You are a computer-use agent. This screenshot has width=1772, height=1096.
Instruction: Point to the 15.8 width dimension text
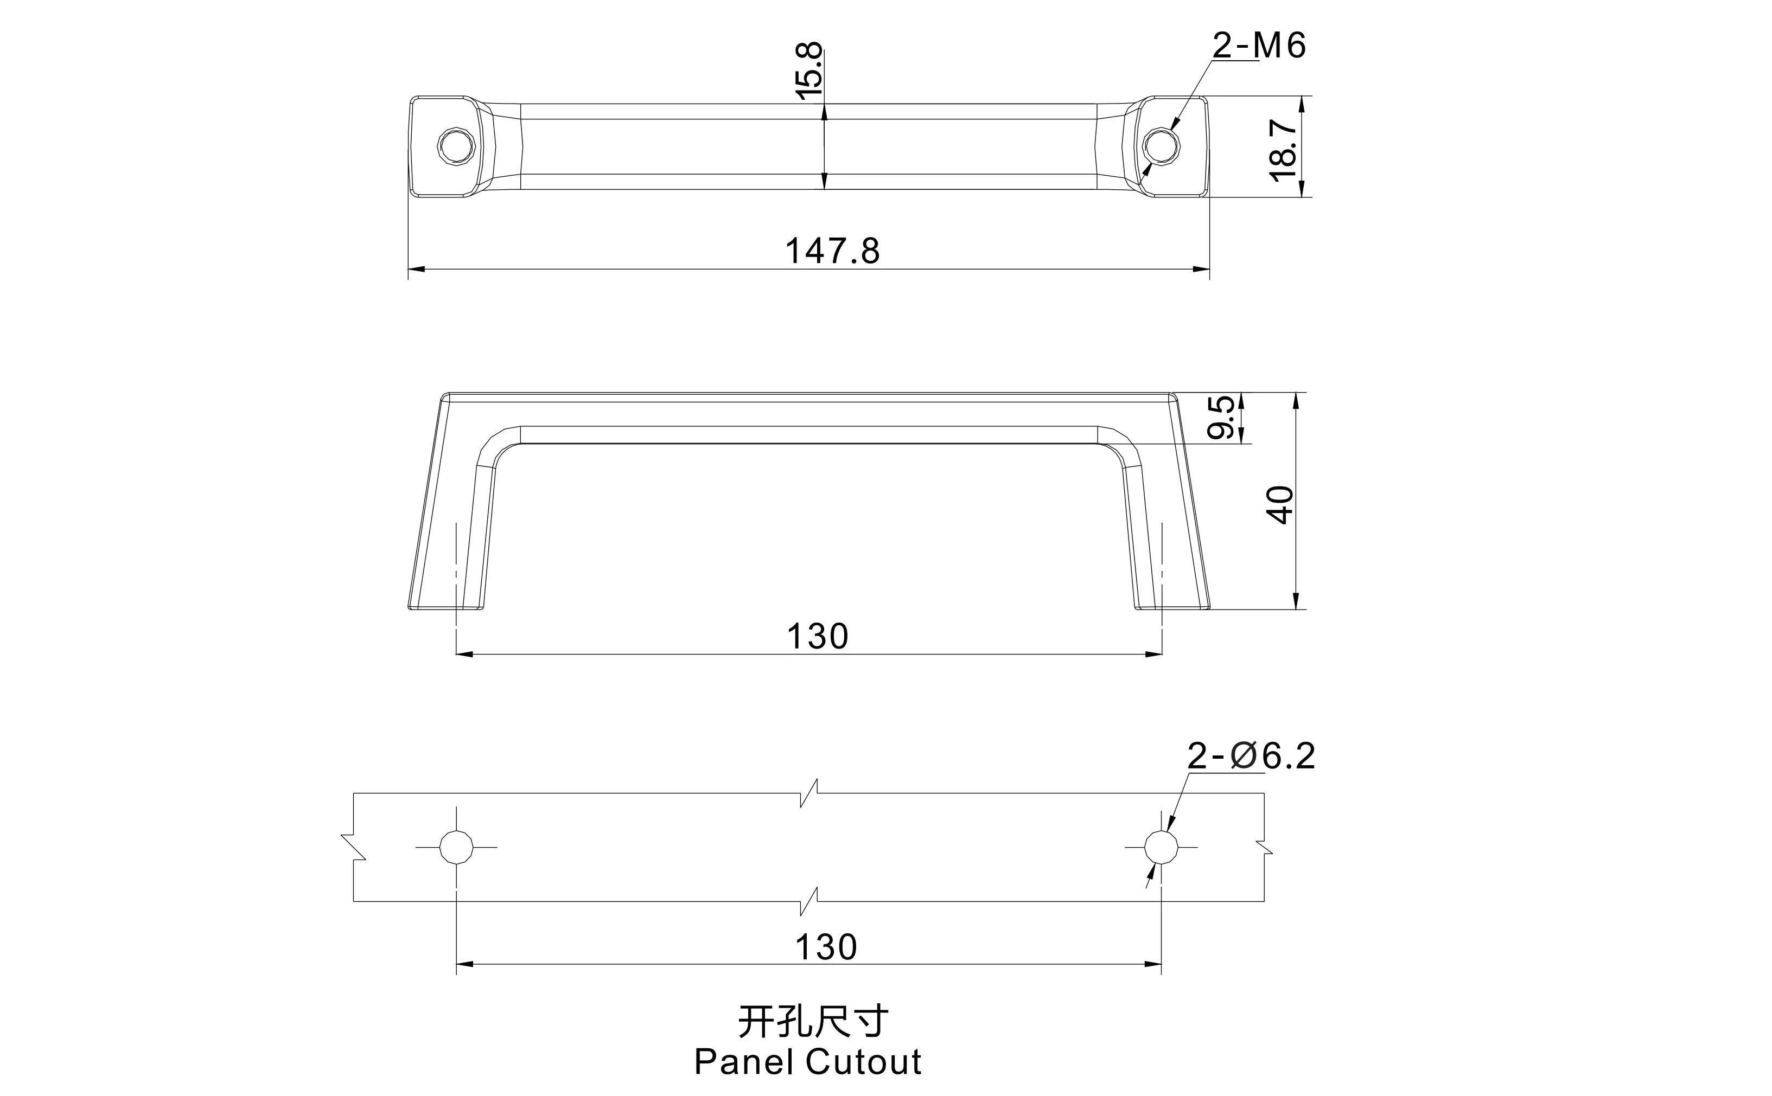pyautogui.click(x=809, y=71)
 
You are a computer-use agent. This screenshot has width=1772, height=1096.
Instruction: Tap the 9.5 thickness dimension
pyautogui.click(x=1220, y=417)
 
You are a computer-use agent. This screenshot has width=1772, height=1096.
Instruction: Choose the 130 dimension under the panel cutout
pyautogui.click(x=826, y=947)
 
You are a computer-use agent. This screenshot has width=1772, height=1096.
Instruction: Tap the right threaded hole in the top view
pyautogui.click(x=1162, y=147)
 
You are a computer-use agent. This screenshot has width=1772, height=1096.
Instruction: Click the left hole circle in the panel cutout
pyautogui.click(x=456, y=847)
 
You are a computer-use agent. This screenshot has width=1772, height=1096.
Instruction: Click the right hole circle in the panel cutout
pyautogui.click(x=1161, y=847)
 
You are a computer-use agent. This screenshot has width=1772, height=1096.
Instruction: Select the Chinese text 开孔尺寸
pyautogui.click(x=813, y=1022)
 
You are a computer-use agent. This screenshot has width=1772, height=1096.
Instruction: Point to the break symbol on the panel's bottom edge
pyautogui.click(x=809, y=901)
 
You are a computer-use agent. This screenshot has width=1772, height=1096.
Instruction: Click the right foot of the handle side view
pyautogui.click(x=1172, y=606)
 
